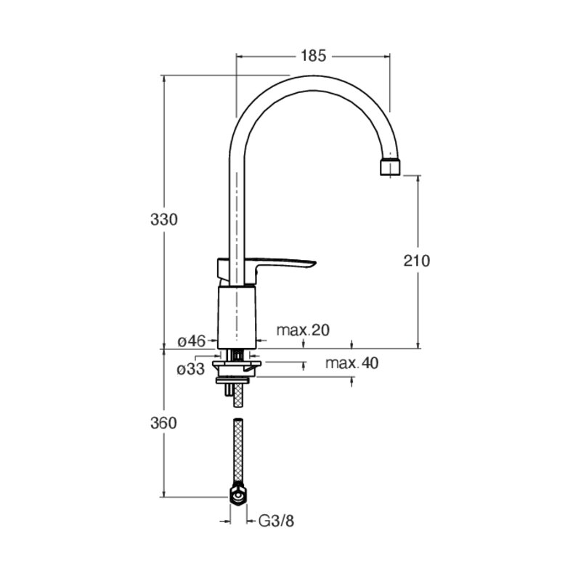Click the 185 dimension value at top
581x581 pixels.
click(x=313, y=56)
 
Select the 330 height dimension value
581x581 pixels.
click(x=164, y=220)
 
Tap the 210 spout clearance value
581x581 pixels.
click(x=417, y=261)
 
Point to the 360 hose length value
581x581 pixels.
click(x=164, y=423)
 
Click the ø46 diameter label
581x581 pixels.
click(x=191, y=341)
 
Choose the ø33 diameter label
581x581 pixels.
click(x=191, y=369)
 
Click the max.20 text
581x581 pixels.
click(x=303, y=330)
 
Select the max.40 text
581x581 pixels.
click(x=352, y=363)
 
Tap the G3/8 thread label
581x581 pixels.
click(x=276, y=521)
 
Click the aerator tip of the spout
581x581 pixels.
click(x=391, y=167)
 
